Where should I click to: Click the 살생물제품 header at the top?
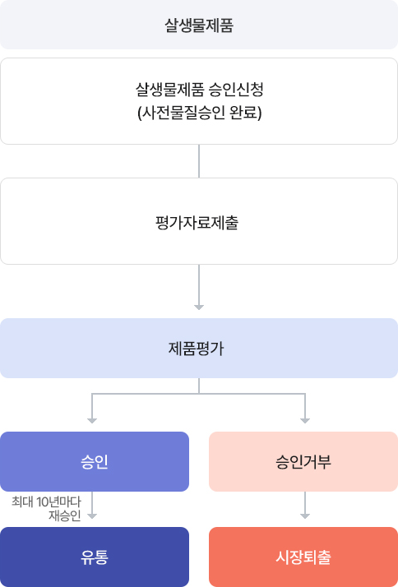[199, 26]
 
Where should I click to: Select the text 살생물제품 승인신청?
[199, 90]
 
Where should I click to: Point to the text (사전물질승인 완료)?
[199, 113]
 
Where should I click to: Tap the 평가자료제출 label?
[197, 223]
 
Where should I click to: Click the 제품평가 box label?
[197, 349]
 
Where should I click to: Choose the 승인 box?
[95, 461]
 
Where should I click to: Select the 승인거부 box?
[303, 461]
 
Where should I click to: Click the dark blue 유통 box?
[95, 557]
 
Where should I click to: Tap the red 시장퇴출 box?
[303, 557]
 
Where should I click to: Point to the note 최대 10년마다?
[46, 501]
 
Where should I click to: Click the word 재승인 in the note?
[64, 515]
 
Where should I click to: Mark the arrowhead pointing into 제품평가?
[199, 307]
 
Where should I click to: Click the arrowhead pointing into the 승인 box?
[92, 421]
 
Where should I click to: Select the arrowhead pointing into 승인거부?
[305, 421]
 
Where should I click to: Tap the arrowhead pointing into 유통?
[92, 516]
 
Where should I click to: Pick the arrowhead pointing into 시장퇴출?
[305, 516]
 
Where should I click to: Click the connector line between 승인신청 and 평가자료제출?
[199, 161]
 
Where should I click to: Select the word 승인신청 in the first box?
[236, 90]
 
